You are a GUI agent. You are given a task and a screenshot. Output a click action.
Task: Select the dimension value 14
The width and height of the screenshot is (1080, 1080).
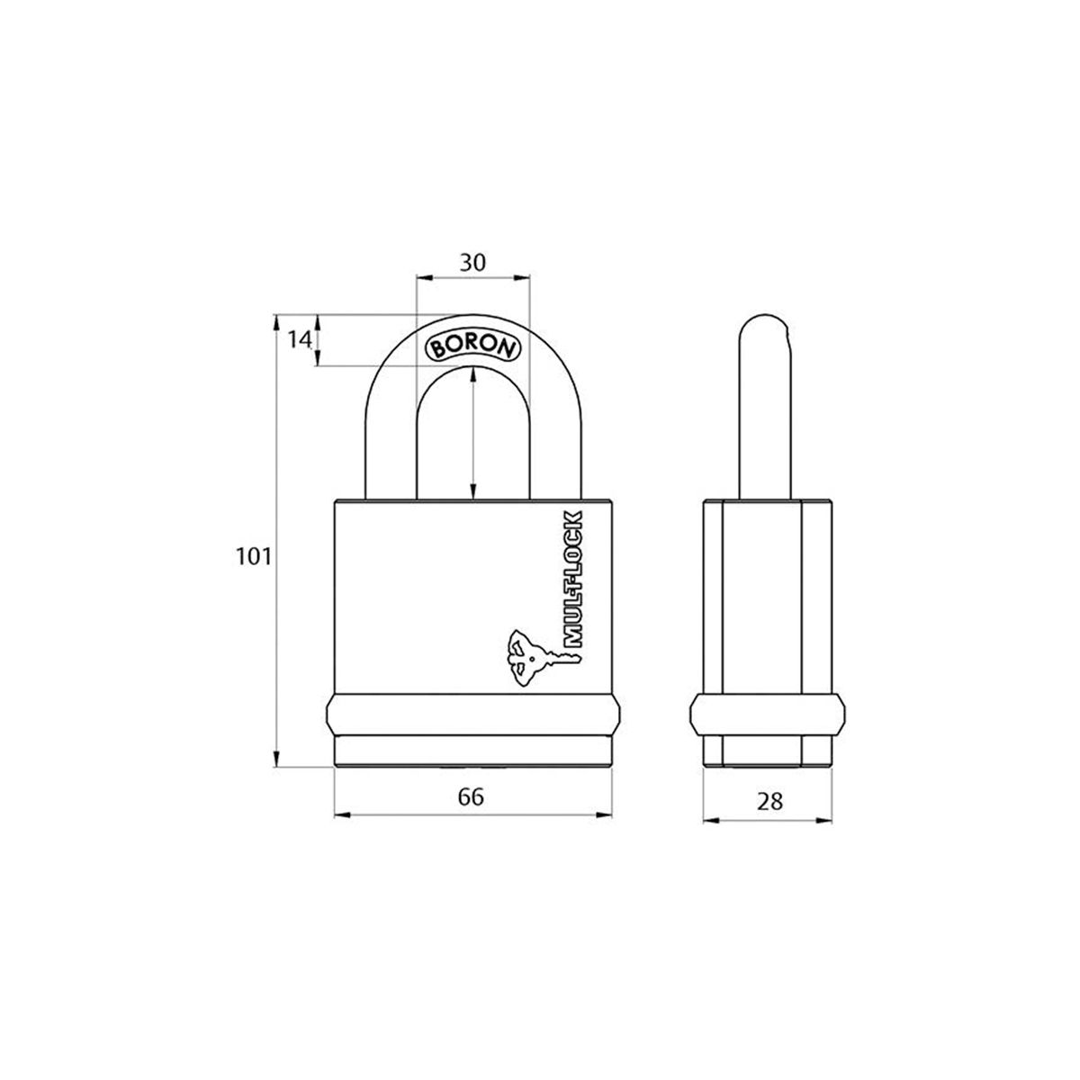pyautogui.click(x=300, y=339)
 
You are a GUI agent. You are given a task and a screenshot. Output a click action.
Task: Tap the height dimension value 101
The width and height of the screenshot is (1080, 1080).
pyautogui.click(x=254, y=557)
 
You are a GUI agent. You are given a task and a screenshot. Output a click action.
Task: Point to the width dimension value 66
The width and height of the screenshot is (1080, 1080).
pyautogui.click(x=472, y=796)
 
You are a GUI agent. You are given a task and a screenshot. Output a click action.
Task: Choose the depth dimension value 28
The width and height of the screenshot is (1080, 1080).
pyautogui.click(x=769, y=799)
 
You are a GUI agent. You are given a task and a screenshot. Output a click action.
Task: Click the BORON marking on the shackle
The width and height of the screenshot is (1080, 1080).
pyautogui.click(x=472, y=348)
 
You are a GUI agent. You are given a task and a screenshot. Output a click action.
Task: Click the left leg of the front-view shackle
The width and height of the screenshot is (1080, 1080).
pyautogui.click(x=390, y=450)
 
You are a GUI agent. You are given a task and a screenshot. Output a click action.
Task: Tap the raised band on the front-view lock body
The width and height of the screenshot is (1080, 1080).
pyautogui.click(x=472, y=715)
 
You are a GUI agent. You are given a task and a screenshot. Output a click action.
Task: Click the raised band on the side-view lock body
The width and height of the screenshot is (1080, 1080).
pyautogui.click(x=767, y=715)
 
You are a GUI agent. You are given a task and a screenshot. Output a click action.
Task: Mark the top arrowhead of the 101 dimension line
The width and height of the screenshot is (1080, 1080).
pyautogui.click(x=277, y=320)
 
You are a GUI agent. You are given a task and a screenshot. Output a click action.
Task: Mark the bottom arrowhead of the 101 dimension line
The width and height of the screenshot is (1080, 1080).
pyautogui.click(x=277, y=761)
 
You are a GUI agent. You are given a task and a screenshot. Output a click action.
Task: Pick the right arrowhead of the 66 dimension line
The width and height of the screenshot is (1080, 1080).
pyautogui.click(x=607, y=815)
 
